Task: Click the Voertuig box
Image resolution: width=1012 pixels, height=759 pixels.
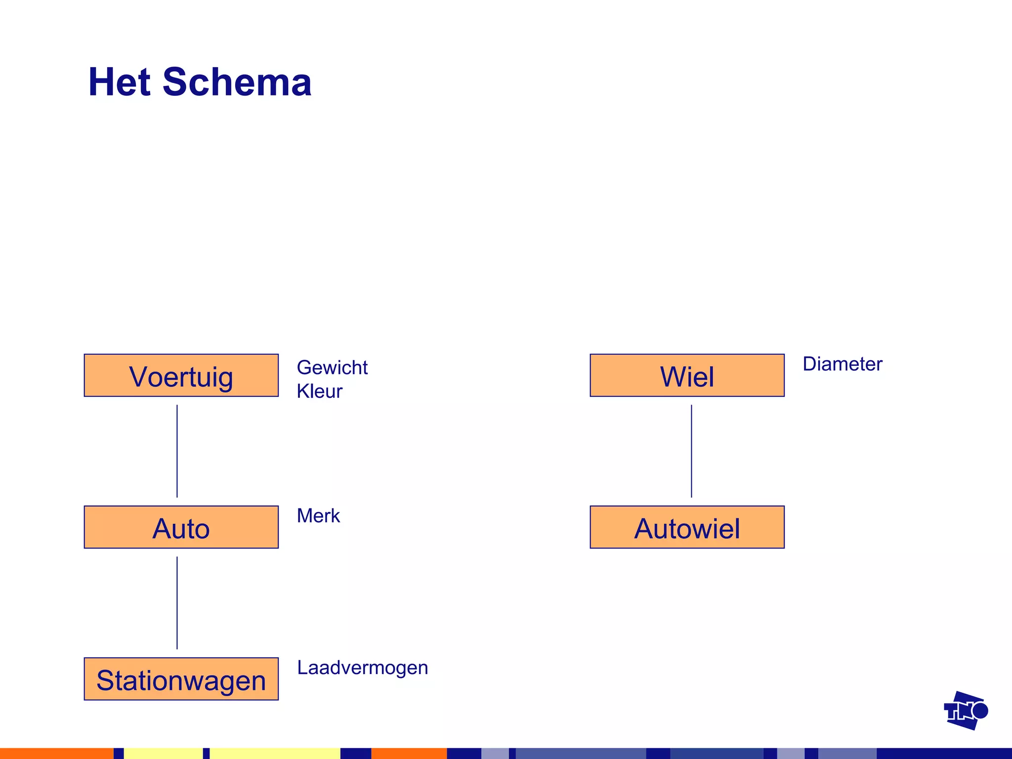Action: [x=181, y=376]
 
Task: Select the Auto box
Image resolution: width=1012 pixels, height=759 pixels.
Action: [x=181, y=527]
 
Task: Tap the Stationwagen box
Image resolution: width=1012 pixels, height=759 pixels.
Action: [x=181, y=679]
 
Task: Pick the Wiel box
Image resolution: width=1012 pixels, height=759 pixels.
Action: [x=687, y=376]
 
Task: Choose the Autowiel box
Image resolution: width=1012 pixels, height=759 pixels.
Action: [x=687, y=527]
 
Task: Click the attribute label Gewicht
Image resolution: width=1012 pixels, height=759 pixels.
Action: [x=332, y=368]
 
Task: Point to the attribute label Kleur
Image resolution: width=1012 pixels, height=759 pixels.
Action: [x=319, y=391]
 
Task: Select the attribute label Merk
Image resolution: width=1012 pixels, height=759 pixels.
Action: [x=318, y=516]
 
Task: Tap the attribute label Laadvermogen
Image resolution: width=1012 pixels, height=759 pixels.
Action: [x=362, y=668]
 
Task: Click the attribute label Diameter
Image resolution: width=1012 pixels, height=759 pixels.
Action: [x=842, y=364]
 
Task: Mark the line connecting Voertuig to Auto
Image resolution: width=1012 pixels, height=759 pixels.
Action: [x=177, y=451]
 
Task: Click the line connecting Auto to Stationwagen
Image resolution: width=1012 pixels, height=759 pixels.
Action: [x=177, y=603]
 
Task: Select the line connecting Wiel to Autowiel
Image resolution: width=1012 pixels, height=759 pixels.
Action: [x=691, y=451]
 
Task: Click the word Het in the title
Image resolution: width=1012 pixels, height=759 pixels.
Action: [x=119, y=82]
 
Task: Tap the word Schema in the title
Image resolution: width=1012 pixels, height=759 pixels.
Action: [x=237, y=82]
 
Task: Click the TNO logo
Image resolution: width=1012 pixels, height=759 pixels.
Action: [x=965, y=711]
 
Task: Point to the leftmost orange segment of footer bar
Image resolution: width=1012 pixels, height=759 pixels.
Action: [x=56, y=754]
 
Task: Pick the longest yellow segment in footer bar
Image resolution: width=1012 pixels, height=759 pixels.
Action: [x=275, y=754]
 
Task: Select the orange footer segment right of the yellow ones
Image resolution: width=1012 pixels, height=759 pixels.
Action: [x=409, y=754]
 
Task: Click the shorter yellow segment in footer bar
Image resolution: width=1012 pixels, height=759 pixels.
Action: [x=163, y=754]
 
